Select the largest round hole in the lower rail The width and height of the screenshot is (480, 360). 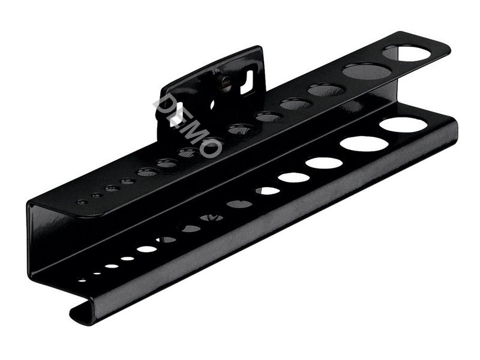click(403, 125)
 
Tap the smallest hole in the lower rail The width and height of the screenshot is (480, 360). click(82, 280)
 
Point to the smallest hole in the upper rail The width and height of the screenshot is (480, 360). click(82, 202)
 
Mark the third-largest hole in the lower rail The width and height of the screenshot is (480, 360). click(324, 163)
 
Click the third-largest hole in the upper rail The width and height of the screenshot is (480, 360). click(327, 89)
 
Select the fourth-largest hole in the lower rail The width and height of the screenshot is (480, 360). click(293, 178)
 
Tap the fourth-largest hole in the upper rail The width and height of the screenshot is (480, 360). click(296, 104)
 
